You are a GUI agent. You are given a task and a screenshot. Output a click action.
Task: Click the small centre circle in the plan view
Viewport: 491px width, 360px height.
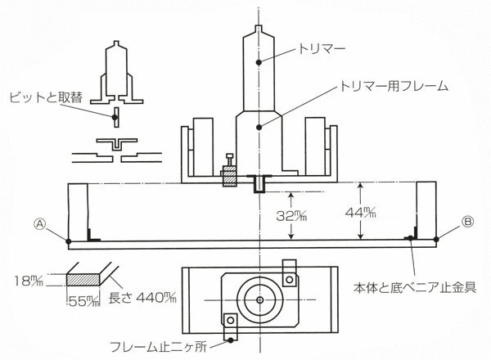[259, 299]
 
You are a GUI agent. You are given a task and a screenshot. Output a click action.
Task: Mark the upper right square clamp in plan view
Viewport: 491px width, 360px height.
[290, 279]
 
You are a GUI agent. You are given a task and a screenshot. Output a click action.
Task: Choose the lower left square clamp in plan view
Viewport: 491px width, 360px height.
[232, 321]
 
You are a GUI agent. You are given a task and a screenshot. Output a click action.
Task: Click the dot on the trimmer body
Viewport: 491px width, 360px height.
[259, 62]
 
